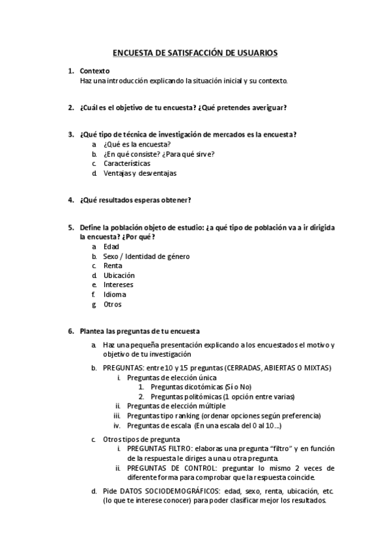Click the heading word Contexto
tap(94, 71)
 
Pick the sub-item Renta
tap(113, 266)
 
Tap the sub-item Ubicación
tap(119, 275)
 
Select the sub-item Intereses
tap(118, 284)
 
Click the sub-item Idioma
tap(115, 294)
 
